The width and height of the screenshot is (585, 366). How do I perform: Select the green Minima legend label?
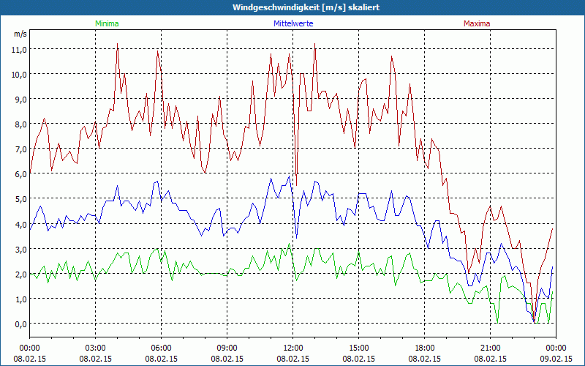(x=107, y=23)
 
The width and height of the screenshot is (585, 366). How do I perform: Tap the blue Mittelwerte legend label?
(x=293, y=23)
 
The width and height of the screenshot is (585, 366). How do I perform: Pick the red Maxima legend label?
(x=477, y=23)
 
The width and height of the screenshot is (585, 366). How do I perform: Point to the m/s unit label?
(x=20, y=34)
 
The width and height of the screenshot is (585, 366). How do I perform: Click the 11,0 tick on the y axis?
(x=18, y=49)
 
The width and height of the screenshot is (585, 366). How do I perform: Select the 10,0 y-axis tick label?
(x=18, y=74)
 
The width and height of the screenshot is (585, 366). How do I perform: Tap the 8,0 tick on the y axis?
(x=18, y=124)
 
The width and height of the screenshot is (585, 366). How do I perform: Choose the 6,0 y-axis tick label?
(x=18, y=173)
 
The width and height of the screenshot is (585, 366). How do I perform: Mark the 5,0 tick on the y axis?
(x=18, y=198)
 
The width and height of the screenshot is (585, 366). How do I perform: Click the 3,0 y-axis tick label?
(x=18, y=249)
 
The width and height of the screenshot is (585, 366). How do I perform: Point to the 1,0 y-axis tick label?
(x=18, y=299)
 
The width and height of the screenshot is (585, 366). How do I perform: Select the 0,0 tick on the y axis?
(x=18, y=324)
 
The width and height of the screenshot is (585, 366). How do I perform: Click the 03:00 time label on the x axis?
(x=96, y=348)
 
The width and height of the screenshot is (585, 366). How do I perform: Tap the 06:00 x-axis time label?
(x=162, y=348)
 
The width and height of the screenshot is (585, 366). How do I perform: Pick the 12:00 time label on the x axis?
(x=293, y=348)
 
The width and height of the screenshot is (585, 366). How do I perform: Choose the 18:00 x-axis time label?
(x=425, y=348)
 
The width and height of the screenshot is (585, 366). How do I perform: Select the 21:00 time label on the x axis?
(x=491, y=348)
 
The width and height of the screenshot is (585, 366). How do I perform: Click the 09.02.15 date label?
(x=556, y=359)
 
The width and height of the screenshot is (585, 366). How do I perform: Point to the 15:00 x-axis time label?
(x=359, y=348)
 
